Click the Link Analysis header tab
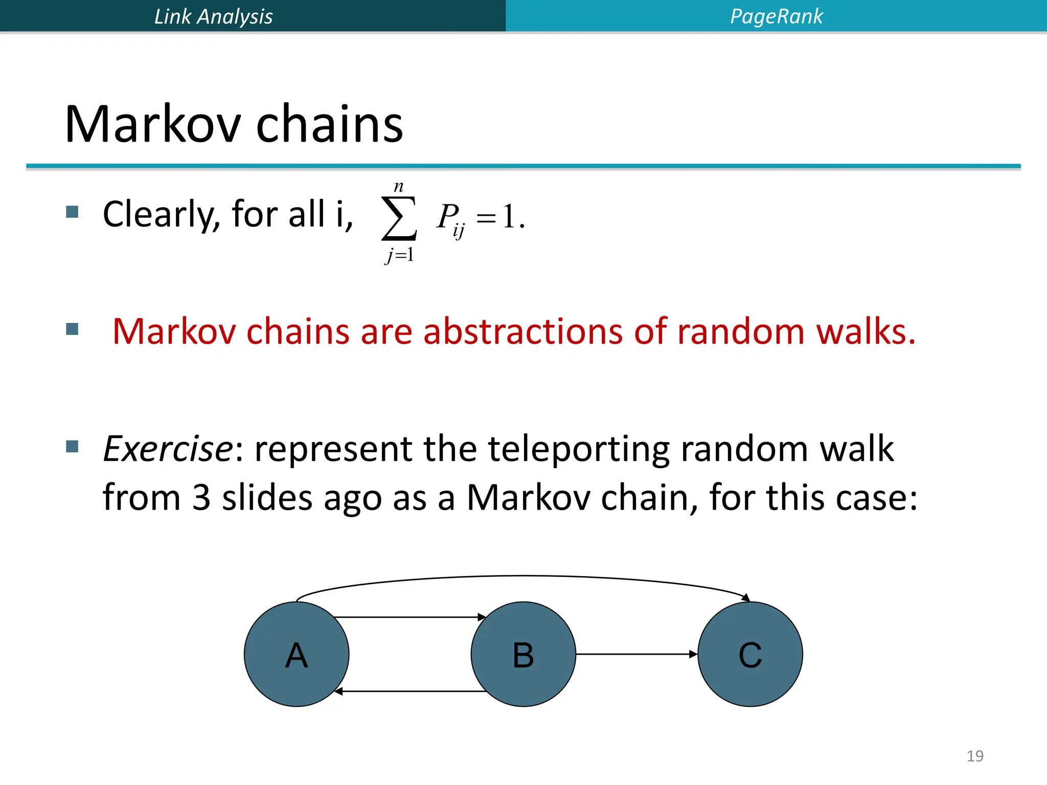tap(213, 16)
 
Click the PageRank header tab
tap(776, 16)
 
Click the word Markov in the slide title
tap(153, 124)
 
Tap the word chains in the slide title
tap(329, 124)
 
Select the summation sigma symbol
tap(399, 219)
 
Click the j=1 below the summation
tap(400, 254)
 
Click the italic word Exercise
tap(168, 449)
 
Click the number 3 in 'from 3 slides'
tap(201, 497)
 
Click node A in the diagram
tap(297, 654)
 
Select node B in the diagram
tap(523, 654)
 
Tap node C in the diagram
tap(750, 654)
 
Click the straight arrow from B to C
tap(636, 654)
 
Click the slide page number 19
tap(975, 756)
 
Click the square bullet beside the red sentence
tap(73, 329)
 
